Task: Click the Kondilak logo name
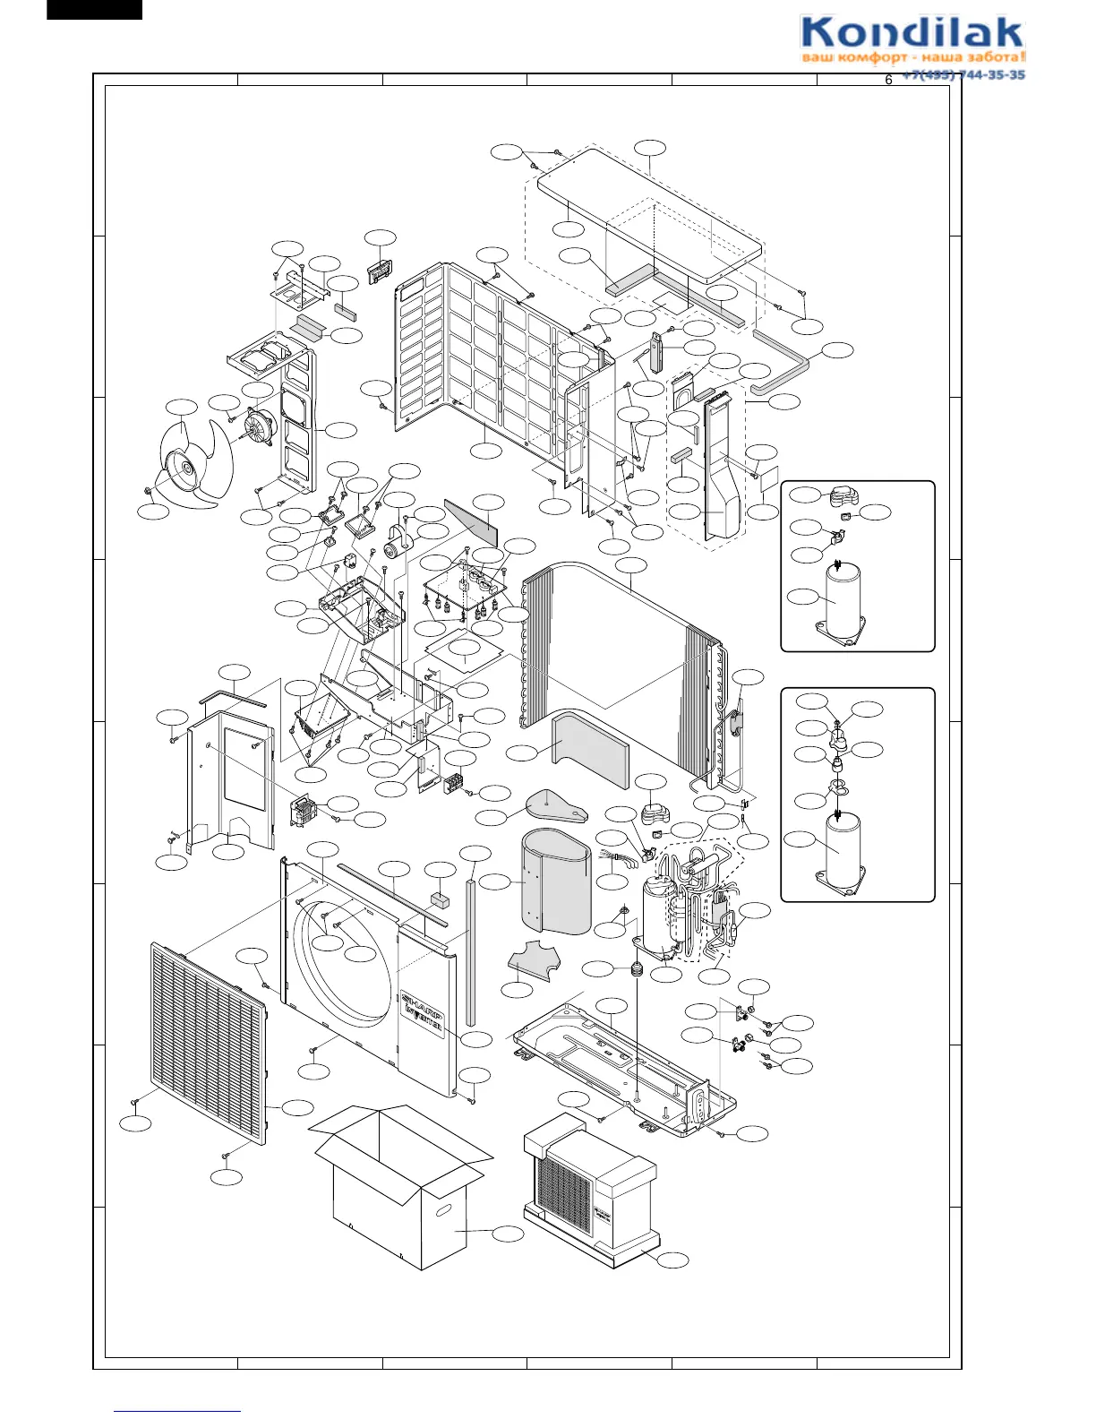pos(912,34)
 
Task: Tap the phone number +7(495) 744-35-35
pos(963,75)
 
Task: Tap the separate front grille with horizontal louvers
pos(209,1045)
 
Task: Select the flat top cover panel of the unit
pos(649,215)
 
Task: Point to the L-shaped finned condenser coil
pos(618,663)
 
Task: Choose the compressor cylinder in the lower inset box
pos(842,851)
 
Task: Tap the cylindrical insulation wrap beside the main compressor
pos(555,882)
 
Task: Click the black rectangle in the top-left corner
pos(94,9)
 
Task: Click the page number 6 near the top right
pos(888,81)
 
